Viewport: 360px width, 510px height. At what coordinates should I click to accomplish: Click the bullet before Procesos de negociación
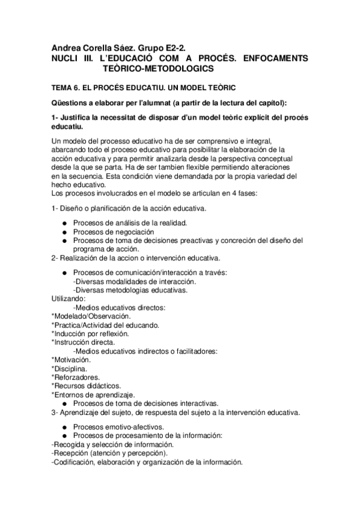64,232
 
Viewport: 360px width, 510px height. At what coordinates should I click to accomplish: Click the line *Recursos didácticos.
86,386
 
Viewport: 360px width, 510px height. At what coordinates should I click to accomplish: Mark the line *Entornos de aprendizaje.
93,395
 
